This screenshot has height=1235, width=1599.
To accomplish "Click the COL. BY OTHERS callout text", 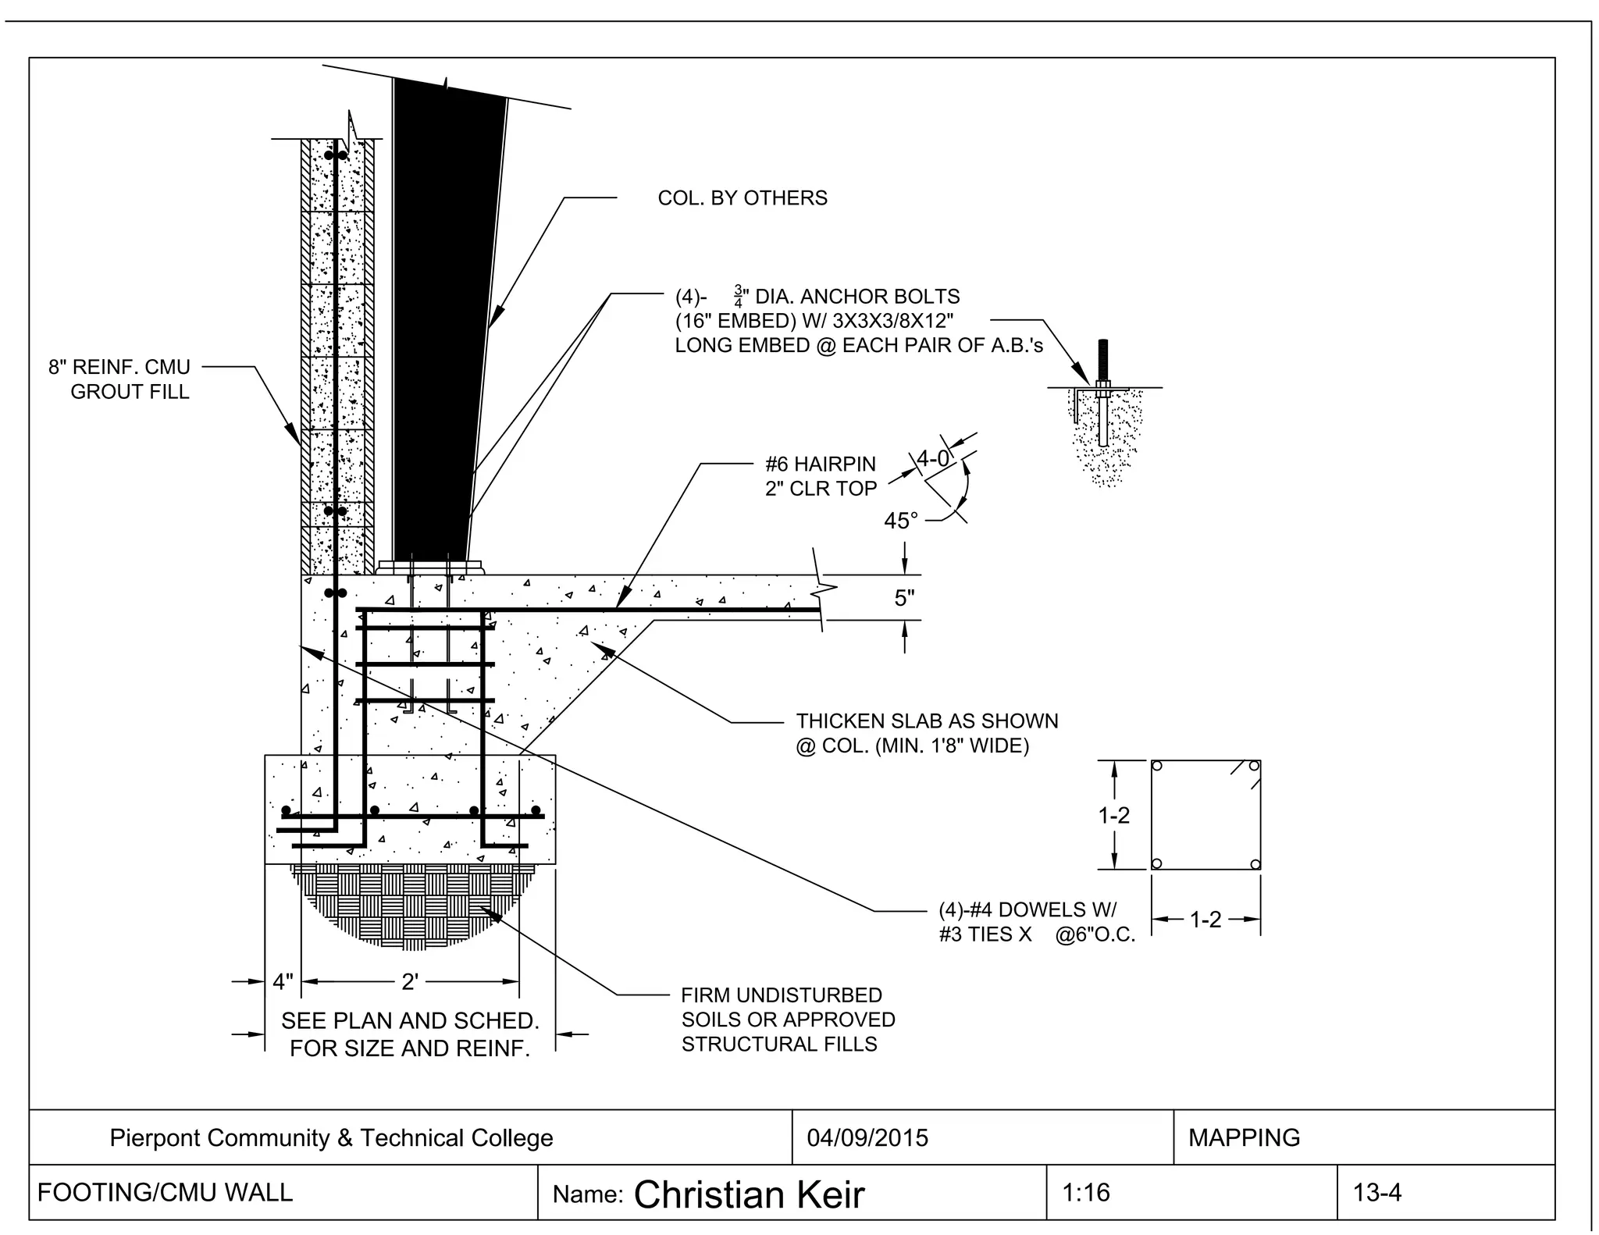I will [x=742, y=198].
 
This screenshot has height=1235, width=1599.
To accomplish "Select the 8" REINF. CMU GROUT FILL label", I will [x=120, y=379].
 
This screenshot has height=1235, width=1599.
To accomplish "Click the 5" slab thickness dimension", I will [x=904, y=598].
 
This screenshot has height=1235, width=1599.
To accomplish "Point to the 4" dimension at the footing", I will [x=283, y=981].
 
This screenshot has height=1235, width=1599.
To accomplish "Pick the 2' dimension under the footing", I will [x=409, y=981].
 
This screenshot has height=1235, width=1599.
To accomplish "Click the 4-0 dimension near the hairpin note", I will [x=932, y=459].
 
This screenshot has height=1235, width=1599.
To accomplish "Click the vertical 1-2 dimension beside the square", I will [x=1113, y=815].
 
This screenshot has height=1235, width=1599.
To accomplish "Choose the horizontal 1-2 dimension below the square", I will [x=1205, y=920].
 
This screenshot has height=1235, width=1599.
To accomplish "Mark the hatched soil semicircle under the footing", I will [x=409, y=906].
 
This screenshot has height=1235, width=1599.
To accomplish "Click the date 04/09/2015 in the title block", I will [x=867, y=1137].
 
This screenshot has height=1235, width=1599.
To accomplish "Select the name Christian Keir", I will [x=748, y=1194].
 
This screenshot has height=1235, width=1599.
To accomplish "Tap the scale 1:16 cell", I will [x=1085, y=1192].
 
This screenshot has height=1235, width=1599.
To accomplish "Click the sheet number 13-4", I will [x=1377, y=1193].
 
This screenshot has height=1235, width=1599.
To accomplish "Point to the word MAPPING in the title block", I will [x=1244, y=1137].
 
